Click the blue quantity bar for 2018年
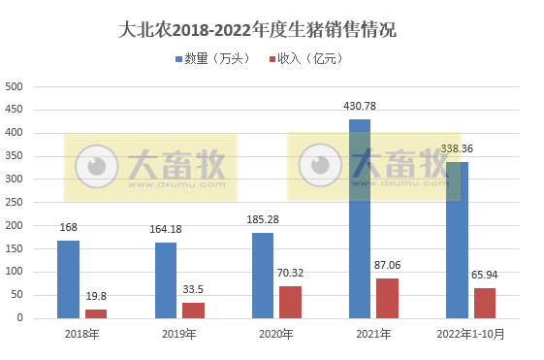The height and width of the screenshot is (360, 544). [68, 279]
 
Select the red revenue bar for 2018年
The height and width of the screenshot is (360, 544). [96, 313]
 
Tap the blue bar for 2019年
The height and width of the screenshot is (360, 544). [166, 280]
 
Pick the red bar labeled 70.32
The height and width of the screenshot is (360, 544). [290, 302]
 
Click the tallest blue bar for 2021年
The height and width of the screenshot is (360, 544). [360, 218]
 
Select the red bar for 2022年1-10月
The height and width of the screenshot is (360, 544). [485, 303]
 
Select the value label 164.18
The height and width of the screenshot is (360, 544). [166, 230]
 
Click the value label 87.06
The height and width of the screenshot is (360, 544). [387, 265]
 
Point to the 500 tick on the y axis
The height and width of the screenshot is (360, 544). [15, 86]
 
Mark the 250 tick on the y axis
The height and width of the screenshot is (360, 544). [15, 202]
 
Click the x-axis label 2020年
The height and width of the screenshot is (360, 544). [275, 334]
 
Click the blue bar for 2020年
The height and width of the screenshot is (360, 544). [263, 276]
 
